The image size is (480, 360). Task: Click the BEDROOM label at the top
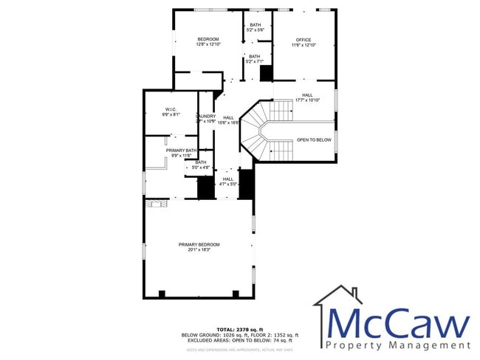coord(208,39)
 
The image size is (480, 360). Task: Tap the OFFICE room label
coord(304,40)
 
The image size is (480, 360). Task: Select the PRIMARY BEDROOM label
coord(199,244)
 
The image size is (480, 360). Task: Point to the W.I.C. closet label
coord(171,111)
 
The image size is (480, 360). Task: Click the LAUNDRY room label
coord(206,116)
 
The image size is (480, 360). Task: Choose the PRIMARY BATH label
coord(181,150)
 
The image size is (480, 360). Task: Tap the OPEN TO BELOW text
coord(314,139)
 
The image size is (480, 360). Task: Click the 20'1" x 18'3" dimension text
coord(199,250)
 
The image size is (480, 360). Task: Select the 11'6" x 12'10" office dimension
coord(304,45)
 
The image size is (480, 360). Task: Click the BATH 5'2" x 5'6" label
coord(255,27)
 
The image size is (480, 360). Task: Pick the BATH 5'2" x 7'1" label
coord(254,59)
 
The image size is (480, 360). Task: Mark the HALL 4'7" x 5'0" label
coord(227,181)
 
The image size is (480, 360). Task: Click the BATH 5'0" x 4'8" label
coord(200,165)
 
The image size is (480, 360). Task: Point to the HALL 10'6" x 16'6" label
coord(229,120)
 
